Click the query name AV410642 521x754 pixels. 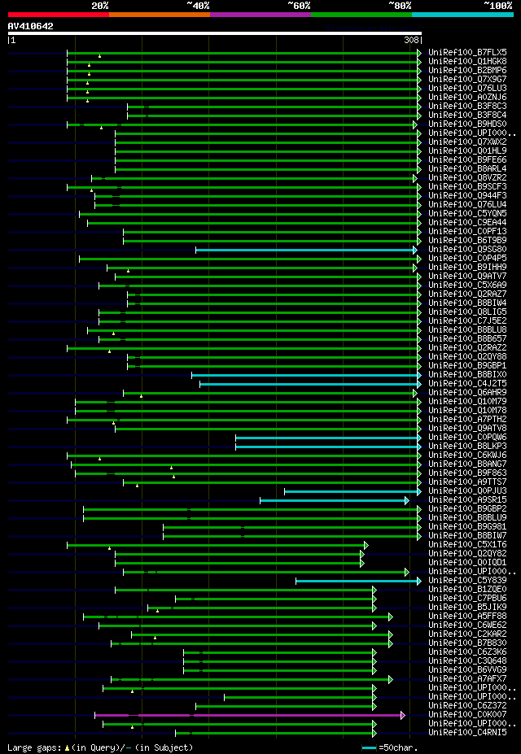click(30, 26)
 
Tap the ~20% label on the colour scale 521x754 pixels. click(99, 5)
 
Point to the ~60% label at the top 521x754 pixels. click(299, 5)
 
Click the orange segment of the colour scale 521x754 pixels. click(159, 14)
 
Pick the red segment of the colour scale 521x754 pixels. click(58, 14)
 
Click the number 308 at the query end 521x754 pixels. click(412, 40)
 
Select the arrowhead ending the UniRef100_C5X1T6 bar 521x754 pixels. click(366, 545)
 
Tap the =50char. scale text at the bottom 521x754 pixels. click(399, 747)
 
